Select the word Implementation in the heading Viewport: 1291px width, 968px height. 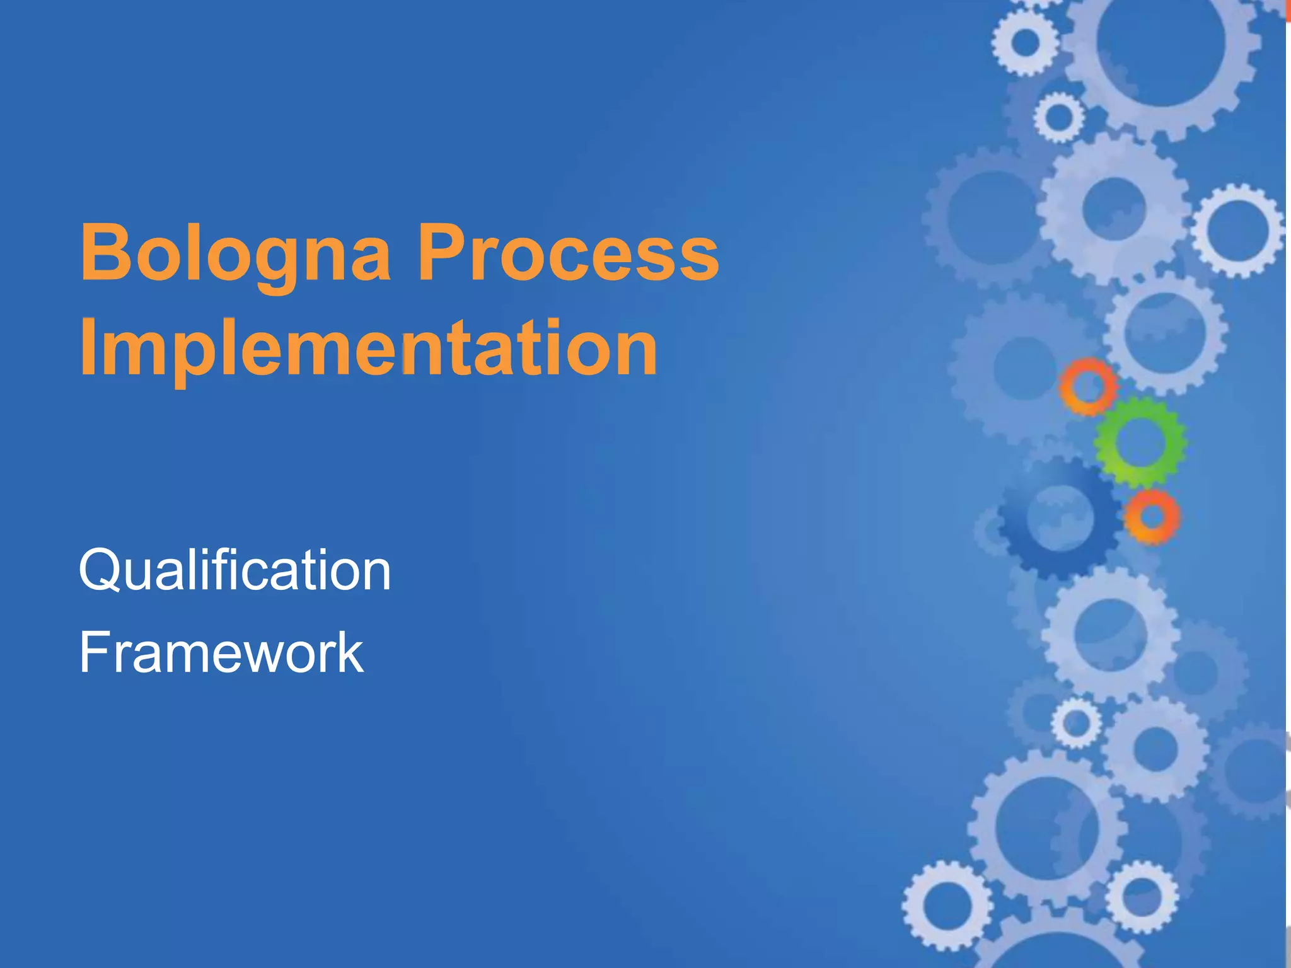[x=369, y=349]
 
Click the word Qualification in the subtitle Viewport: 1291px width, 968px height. [x=234, y=570]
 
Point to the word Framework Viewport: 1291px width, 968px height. [x=221, y=653]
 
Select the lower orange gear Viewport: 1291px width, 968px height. [x=1172, y=517]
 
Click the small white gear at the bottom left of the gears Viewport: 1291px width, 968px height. [x=946, y=905]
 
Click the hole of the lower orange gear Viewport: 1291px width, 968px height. [x=1152, y=517]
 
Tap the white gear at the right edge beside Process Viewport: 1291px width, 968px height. [x=1237, y=230]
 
